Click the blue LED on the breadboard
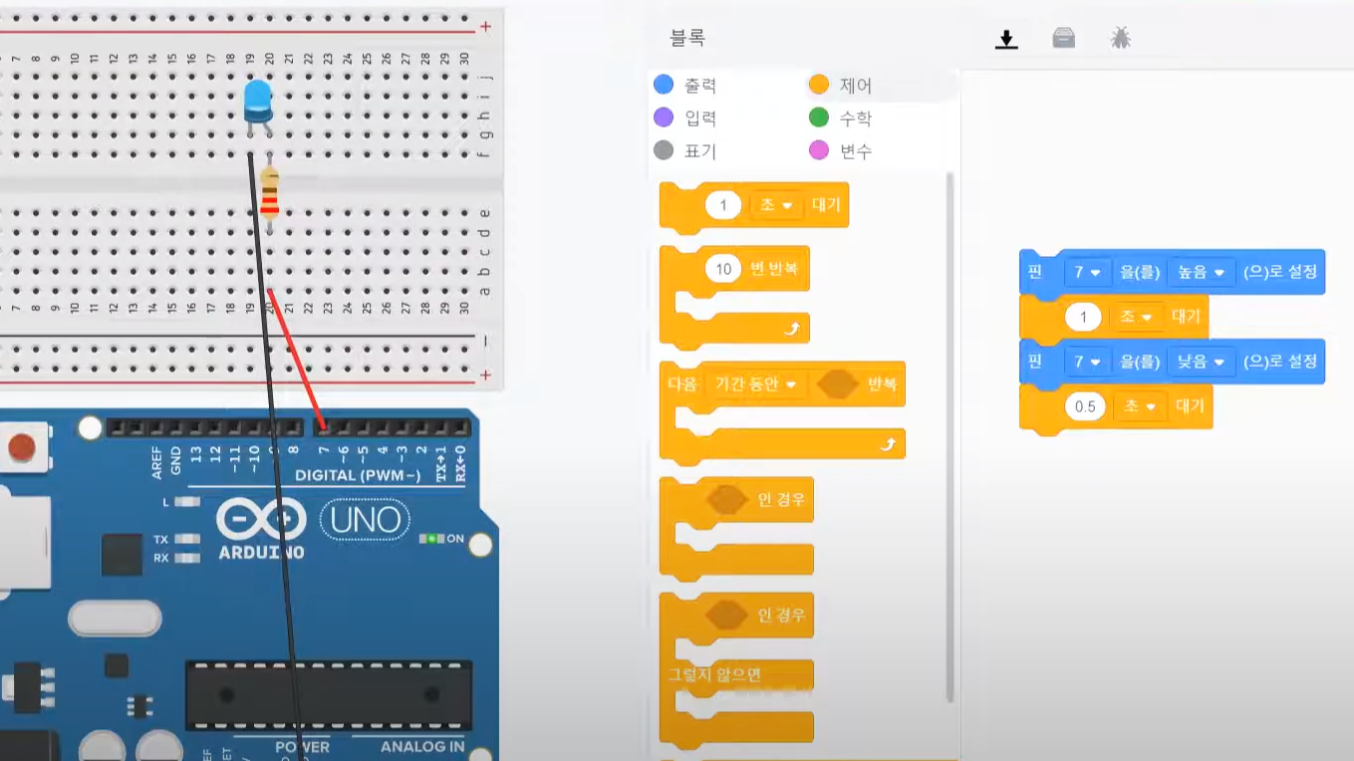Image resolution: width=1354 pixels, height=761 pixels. [x=258, y=100]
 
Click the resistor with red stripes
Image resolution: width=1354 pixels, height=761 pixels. [x=269, y=193]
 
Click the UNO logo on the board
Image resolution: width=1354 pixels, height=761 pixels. [x=365, y=519]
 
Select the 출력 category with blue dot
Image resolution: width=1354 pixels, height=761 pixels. [x=685, y=86]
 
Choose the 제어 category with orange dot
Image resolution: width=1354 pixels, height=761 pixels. [x=842, y=86]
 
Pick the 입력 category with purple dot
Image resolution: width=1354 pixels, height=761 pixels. [x=685, y=119]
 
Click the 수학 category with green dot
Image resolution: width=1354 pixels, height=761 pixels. [x=842, y=119]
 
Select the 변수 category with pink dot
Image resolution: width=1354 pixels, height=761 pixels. [x=842, y=151]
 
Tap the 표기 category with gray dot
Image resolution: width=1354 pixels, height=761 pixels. [x=685, y=151]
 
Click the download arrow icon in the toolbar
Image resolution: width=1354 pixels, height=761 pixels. [x=1007, y=39]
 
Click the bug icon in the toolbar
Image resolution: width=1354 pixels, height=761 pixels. [x=1121, y=39]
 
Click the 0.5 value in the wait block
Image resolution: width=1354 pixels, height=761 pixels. [x=1085, y=406]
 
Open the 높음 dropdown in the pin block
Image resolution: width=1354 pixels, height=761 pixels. [x=1201, y=272]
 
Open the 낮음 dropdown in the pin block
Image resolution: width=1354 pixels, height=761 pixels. [x=1201, y=361]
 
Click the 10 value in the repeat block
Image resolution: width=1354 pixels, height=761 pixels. [x=723, y=269]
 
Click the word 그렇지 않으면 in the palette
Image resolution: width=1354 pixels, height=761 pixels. [x=715, y=674]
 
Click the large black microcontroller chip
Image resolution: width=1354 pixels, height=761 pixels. [x=328, y=694]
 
